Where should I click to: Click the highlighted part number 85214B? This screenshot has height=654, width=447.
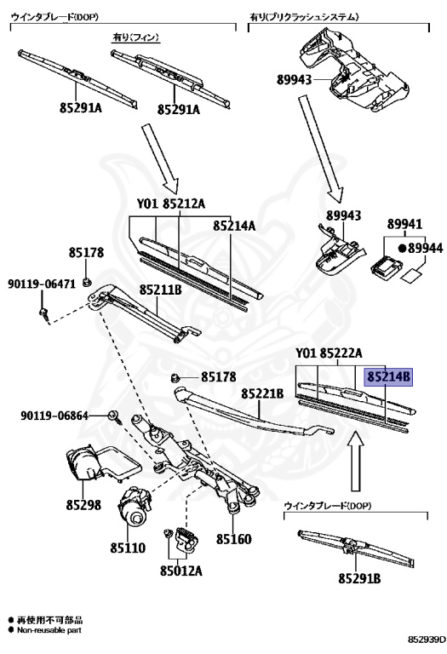coord(388,377)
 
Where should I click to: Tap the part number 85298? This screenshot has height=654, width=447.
coord(83,505)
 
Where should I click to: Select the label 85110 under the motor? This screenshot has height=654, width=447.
coord(128,548)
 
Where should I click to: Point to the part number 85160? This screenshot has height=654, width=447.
coord(233,539)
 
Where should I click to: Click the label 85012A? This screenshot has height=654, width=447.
coord(181,571)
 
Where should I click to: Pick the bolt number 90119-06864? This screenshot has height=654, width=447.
coord(54,416)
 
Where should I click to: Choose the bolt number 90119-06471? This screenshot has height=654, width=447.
coord(42,284)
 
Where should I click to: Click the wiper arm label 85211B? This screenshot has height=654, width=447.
coord(161,289)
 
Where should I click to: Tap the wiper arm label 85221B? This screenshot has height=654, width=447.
coord(263,393)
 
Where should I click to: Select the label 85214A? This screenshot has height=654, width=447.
coord(234,226)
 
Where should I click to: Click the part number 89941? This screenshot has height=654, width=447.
coord(404,224)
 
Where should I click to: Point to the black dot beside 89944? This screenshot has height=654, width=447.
coord(402,248)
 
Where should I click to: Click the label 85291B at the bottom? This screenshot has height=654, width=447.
coord(359,578)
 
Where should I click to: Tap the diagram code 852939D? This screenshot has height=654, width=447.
coord(426,639)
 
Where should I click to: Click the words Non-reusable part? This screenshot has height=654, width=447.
coord(49,630)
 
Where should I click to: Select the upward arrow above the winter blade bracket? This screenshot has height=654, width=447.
coord(355,462)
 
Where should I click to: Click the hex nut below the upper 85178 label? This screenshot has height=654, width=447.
coord(86,283)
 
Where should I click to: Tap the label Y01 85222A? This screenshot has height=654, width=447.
coord(329,353)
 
